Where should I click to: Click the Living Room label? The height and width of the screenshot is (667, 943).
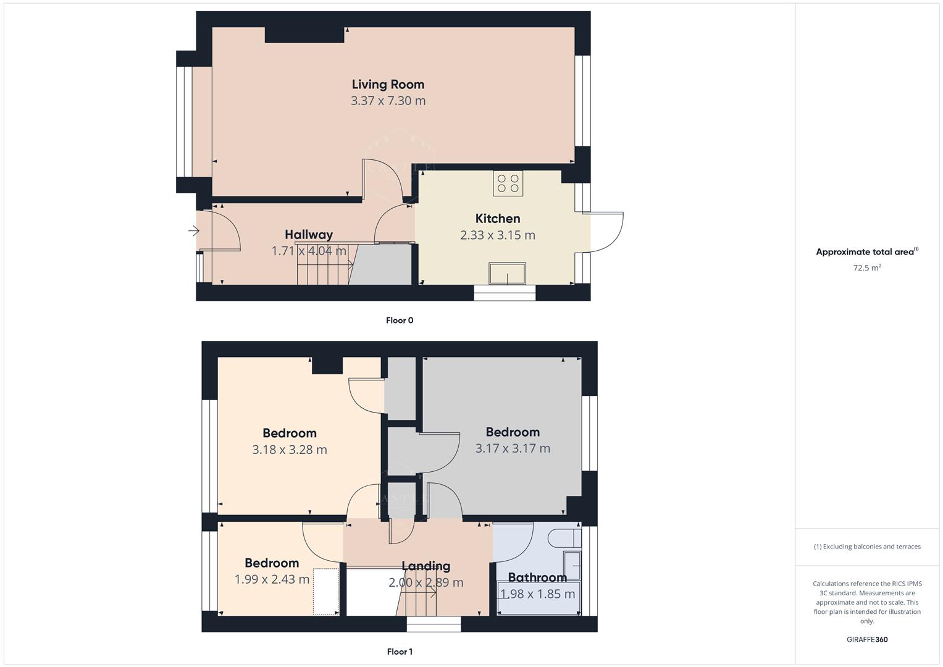click(x=388, y=84)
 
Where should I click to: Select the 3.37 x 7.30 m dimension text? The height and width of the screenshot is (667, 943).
click(x=388, y=101)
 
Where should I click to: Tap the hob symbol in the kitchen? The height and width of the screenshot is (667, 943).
click(x=508, y=183)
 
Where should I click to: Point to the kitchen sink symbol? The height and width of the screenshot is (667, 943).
click(x=507, y=274)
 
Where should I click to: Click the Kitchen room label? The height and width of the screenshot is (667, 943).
click(x=497, y=218)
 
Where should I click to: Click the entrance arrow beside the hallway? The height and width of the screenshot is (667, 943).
click(x=194, y=232)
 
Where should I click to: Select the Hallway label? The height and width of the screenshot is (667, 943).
click(x=308, y=234)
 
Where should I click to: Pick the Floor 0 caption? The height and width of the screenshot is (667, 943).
click(x=399, y=320)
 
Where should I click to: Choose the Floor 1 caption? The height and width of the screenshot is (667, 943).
click(x=399, y=652)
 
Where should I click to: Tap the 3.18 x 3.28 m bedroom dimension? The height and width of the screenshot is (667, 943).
click(x=289, y=450)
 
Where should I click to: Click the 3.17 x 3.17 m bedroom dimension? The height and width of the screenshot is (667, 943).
click(x=512, y=448)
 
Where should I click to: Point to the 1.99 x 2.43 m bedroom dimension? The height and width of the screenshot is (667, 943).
click(x=272, y=579)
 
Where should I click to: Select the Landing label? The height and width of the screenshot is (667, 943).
click(x=425, y=566)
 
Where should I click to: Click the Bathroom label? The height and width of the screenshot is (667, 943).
click(x=537, y=577)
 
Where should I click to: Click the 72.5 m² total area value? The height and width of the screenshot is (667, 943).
click(x=866, y=267)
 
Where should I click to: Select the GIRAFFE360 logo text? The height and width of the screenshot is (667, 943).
click(x=866, y=639)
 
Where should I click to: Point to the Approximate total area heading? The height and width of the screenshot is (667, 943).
click(x=866, y=251)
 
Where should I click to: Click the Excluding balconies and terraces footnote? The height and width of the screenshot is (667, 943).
click(x=866, y=547)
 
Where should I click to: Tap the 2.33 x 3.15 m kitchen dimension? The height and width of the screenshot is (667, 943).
click(x=497, y=235)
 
